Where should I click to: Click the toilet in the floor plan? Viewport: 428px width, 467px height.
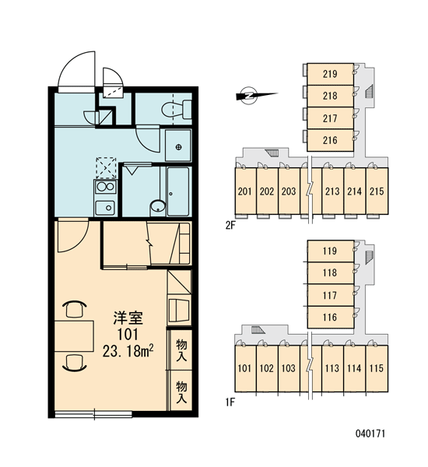coord(177,109)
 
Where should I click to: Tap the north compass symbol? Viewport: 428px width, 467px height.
coord(249,95)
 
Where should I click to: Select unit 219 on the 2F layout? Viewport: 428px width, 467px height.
coord(330,74)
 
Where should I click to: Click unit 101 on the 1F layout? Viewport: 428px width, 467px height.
coord(245,368)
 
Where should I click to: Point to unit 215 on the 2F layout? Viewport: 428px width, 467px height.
coord(377,191)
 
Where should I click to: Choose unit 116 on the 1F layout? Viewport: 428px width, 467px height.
coord(330,318)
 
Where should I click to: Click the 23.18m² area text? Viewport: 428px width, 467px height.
coord(128,352)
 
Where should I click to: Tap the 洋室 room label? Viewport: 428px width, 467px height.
coord(128,318)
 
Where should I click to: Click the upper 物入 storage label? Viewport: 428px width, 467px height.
coord(181,349)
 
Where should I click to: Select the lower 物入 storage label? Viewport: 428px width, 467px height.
coord(181,392)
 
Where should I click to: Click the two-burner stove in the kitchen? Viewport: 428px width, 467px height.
coord(105,187)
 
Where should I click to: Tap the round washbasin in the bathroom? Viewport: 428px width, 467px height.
coord(158,206)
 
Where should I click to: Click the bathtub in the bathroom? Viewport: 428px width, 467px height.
coord(178,191)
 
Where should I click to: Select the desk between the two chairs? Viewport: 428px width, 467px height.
coord(74,335)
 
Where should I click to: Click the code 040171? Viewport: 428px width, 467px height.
coord(370,434)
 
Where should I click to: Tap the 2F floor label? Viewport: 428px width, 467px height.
coord(230,225)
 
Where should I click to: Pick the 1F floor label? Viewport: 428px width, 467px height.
coord(230,402)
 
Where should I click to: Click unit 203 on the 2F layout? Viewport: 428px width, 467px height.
coord(289,191)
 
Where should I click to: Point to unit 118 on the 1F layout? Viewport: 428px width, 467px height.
coord(330,273)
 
